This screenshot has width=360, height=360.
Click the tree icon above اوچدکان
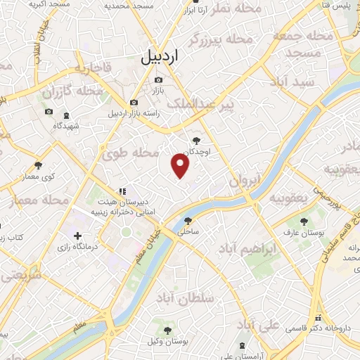[196, 141]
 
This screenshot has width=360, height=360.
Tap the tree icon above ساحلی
[188, 219]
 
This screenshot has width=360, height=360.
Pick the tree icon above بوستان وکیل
[167, 330]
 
